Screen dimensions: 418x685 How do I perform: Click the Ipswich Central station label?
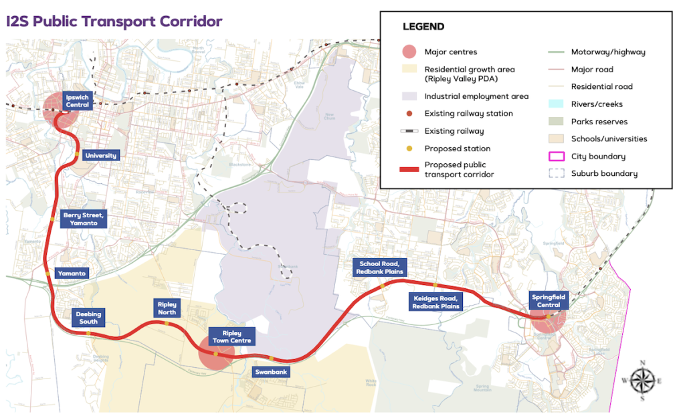(78, 101)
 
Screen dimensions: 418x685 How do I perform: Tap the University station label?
(100, 156)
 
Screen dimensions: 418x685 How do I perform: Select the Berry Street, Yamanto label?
(84, 219)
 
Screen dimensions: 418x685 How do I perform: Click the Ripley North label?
(167, 308)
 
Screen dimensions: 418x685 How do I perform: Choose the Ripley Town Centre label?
(231, 336)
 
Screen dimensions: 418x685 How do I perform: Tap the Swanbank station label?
(271, 372)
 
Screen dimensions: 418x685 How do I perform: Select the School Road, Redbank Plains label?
(379, 268)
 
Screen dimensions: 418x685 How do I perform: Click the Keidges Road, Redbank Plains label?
(435, 302)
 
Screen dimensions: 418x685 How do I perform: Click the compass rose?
(642, 381)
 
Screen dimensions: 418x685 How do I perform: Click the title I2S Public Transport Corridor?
(114, 21)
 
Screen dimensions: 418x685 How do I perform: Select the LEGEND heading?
(423, 27)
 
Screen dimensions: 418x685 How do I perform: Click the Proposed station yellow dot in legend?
(409, 148)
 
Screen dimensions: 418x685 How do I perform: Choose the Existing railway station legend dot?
(409, 114)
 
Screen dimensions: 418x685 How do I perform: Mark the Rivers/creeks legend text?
(597, 104)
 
